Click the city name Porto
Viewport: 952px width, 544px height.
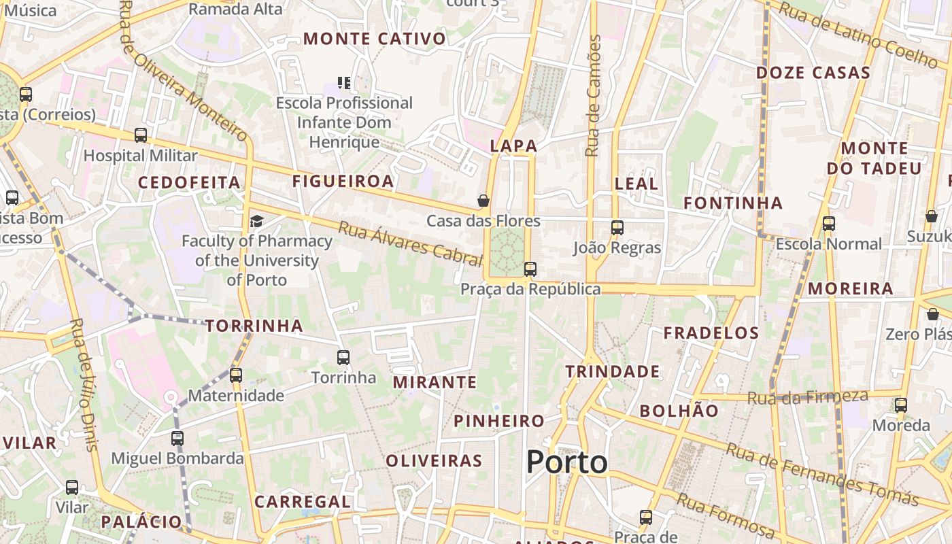click(x=566, y=462)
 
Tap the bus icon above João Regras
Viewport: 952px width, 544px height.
click(x=617, y=228)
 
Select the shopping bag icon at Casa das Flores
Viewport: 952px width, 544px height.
click(x=483, y=201)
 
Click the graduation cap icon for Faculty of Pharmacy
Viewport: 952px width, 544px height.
click(x=256, y=221)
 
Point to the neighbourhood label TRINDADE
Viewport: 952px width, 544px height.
click(x=613, y=371)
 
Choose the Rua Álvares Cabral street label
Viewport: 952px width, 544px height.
click(x=410, y=243)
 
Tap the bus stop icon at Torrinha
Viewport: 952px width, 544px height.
click(x=343, y=357)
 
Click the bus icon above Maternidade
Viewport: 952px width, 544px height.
click(x=236, y=375)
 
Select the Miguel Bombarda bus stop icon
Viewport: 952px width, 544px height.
click(x=177, y=439)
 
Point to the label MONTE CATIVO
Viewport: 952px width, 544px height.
click(x=375, y=39)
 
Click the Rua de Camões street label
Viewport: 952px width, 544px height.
click(x=594, y=95)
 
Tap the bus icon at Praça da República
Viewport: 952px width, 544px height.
click(x=530, y=269)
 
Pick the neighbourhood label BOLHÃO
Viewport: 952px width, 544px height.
click(x=679, y=411)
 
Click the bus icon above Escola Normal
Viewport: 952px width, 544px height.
click(x=828, y=224)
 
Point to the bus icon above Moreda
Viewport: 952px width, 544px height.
click(x=901, y=405)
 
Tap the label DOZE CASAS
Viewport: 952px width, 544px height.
click(x=813, y=73)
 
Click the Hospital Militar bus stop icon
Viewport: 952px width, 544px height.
click(x=141, y=135)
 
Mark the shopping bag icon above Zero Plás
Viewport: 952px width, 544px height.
click(x=933, y=314)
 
